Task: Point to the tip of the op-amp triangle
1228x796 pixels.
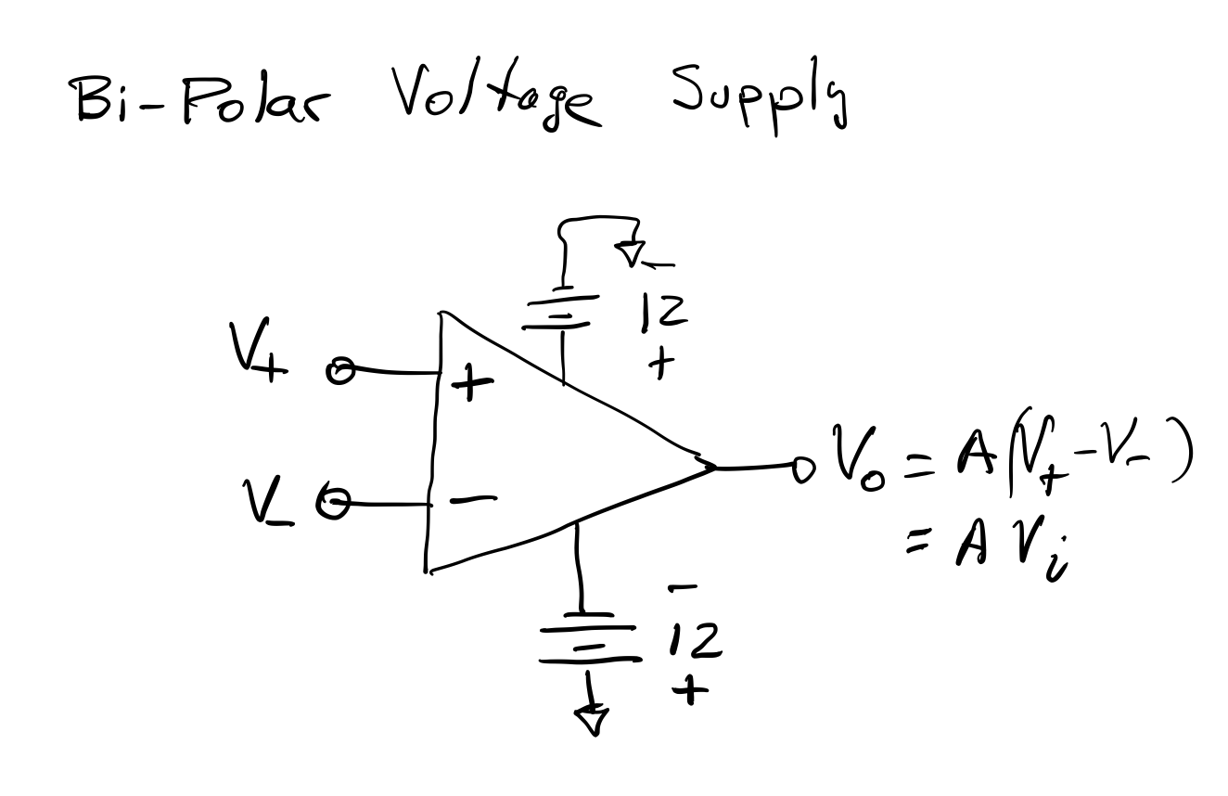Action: point(712,466)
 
